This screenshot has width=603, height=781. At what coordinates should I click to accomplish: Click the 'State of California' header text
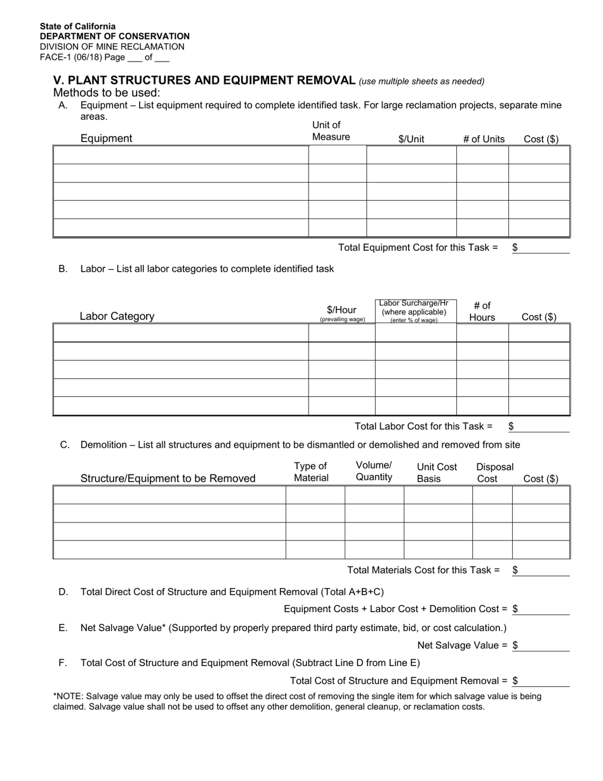pyautogui.click(x=77, y=26)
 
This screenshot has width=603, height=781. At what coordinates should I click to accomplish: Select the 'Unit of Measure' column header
pyautogui.click(x=331, y=131)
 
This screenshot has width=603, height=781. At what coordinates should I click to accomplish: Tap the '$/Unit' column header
pyautogui.click(x=411, y=139)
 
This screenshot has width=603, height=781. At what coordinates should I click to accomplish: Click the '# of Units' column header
pyautogui.click(x=484, y=139)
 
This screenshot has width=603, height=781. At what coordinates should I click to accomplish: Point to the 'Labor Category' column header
pyautogui.click(x=117, y=316)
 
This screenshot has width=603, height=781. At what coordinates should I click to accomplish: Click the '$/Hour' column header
pyautogui.click(x=341, y=310)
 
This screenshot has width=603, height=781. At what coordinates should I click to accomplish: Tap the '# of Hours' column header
pyautogui.click(x=482, y=311)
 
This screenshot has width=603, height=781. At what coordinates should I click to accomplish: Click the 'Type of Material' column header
pyautogui.click(x=311, y=472)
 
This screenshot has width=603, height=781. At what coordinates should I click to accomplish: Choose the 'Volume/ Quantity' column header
pyautogui.click(x=374, y=471)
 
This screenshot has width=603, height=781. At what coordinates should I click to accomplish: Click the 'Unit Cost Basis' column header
pyautogui.click(x=437, y=472)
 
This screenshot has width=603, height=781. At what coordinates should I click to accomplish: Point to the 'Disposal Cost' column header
pyautogui.click(x=494, y=472)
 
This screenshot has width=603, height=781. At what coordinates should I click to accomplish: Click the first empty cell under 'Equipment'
pyautogui.click(x=181, y=155)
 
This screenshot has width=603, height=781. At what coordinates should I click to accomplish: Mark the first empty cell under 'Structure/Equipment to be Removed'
pyautogui.click(x=169, y=495)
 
